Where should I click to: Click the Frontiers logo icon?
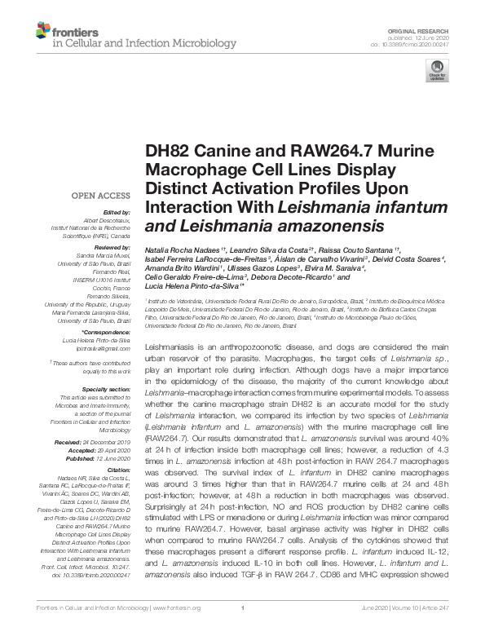pos(42,32)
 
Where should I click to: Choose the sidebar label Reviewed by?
pos(112,246)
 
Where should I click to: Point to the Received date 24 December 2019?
pos(117,441)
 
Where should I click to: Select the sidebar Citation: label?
pos(118,471)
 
